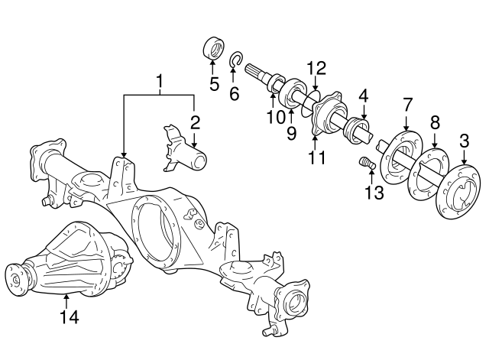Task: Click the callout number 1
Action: tap(160, 80)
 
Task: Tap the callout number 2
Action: tap(195, 122)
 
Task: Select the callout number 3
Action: tap(464, 141)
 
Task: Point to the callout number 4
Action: tap(364, 96)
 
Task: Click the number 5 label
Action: tap(213, 83)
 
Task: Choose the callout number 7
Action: tap(407, 102)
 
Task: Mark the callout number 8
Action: tap(435, 122)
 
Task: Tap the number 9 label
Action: tap(290, 135)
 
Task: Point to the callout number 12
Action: tap(316, 67)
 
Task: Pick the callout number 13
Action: tap(373, 193)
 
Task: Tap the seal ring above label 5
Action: tap(213, 47)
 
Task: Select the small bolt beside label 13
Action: tap(365, 162)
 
